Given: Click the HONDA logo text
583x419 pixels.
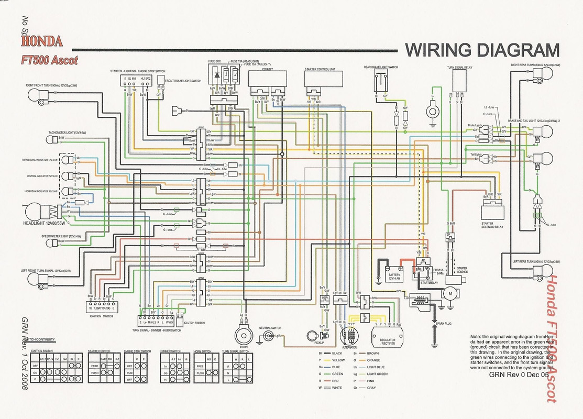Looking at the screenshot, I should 42,41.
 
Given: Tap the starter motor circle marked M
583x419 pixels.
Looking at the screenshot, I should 448,295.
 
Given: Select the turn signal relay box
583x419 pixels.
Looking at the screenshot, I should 459,83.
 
